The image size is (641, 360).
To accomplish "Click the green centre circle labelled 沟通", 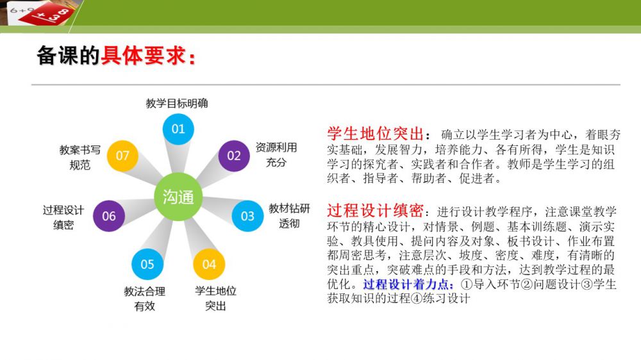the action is click(178, 197).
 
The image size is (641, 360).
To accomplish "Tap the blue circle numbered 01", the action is click(178, 129).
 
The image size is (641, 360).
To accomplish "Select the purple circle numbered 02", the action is click(234, 156).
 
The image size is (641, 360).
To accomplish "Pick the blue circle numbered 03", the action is click(247, 216).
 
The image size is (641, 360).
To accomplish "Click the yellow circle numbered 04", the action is click(209, 265).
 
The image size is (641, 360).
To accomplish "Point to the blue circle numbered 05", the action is click(147, 265).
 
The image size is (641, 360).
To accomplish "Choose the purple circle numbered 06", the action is click(109, 216).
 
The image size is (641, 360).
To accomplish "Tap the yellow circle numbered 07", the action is click(122, 156).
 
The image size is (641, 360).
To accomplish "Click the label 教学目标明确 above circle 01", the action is click(177, 103).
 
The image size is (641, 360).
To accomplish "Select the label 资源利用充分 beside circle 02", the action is click(276, 155).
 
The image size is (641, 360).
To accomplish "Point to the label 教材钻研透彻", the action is click(289, 216).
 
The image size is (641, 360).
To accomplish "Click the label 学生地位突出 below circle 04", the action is click(215, 299).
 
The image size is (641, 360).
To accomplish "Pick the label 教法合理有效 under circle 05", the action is click(145, 299).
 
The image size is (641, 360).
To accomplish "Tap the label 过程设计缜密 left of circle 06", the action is click(63, 217).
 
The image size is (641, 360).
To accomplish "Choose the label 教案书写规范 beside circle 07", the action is click(79, 158).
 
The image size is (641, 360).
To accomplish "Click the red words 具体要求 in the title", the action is click(143, 56).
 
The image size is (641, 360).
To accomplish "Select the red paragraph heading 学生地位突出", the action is click(375, 134).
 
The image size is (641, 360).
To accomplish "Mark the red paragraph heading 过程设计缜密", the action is click(375, 211).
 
